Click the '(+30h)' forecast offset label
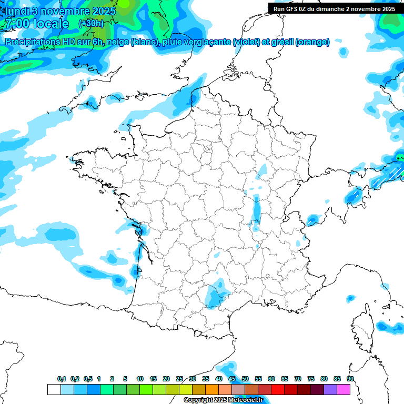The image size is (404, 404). pos(91,24)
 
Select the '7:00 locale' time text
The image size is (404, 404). pos(37,24)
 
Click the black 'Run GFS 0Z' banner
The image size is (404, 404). pos(335,8)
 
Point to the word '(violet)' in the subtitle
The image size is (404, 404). pos(247,42)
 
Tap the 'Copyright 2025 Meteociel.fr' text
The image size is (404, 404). pos(223,400)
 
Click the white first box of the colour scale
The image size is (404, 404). pos(54,389)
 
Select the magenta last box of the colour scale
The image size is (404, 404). pos(344,389)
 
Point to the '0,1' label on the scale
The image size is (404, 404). pos(62,379)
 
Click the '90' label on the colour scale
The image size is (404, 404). pos(350,379)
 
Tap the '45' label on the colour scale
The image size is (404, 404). pos(232,379)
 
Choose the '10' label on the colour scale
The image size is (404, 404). pos(140,379)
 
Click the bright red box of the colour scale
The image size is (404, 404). pos(277,389)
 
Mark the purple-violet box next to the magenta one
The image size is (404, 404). pos(330,389)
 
